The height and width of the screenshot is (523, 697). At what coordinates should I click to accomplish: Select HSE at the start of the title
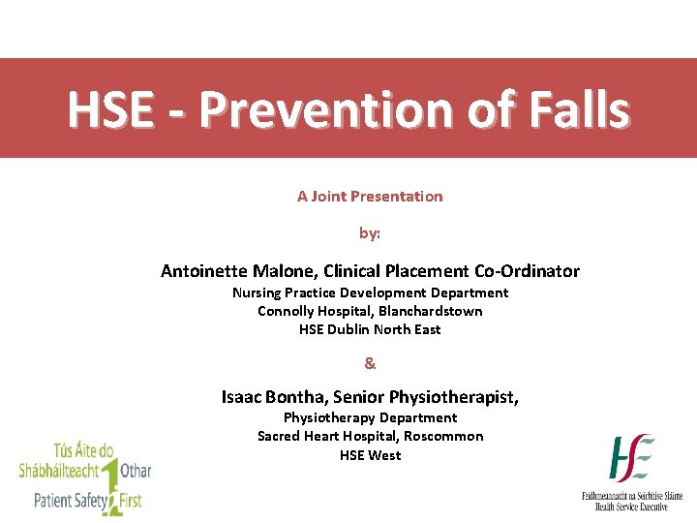pyautogui.click(x=107, y=110)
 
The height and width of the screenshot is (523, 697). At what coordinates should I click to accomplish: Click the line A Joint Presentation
pyautogui.click(x=370, y=197)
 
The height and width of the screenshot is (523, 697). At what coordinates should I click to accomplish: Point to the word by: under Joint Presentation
pyautogui.click(x=370, y=233)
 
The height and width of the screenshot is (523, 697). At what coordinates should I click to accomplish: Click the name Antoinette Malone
pyautogui.click(x=238, y=271)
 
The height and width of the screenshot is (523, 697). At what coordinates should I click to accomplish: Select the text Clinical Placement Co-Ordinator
pyautogui.click(x=451, y=271)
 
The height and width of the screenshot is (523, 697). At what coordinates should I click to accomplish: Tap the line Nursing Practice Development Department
pyautogui.click(x=370, y=292)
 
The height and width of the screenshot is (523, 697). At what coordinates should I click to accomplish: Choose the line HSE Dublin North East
pyautogui.click(x=370, y=329)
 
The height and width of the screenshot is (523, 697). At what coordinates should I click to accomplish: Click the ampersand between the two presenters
pyautogui.click(x=370, y=364)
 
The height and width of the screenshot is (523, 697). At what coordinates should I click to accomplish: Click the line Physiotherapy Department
pyautogui.click(x=370, y=417)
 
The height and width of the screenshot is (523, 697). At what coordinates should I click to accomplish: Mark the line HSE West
pyautogui.click(x=370, y=454)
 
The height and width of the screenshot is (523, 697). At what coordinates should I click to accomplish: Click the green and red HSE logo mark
pyautogui.click(x=631, y=458)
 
